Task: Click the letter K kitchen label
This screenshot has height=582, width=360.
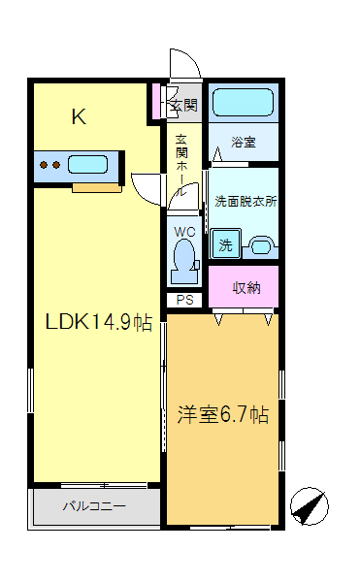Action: click(79, 118)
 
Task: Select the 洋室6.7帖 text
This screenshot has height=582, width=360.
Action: click(222, 414)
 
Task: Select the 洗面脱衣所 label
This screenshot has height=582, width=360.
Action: click(245, 202)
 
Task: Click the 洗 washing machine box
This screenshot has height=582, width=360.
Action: click(225, 245)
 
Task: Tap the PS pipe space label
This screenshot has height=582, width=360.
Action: click(184, 300)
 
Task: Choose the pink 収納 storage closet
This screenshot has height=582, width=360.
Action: click(246, 287)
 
